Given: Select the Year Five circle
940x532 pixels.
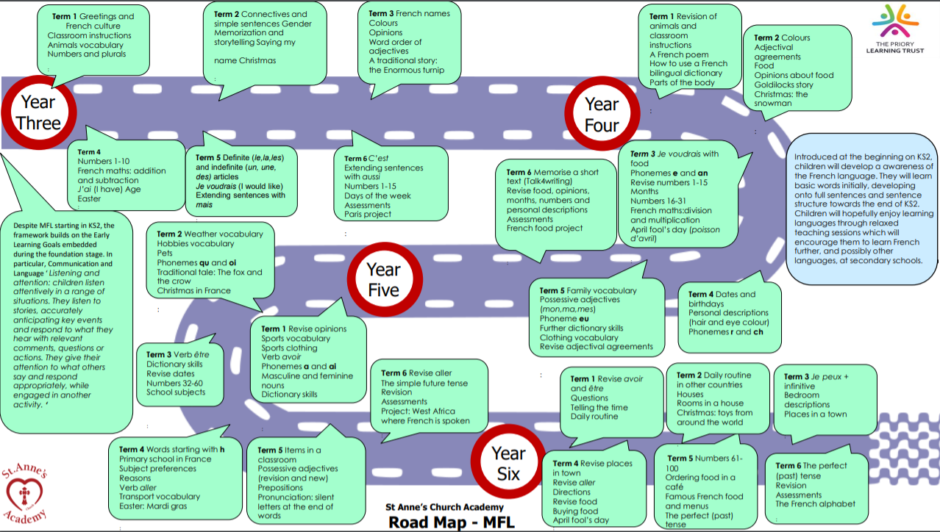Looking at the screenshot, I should [383, 279].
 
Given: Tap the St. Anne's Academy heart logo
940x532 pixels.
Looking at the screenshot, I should [29, 490].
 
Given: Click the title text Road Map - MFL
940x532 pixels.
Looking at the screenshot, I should [452, 522].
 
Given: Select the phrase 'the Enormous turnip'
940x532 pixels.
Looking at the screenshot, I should [406, 71].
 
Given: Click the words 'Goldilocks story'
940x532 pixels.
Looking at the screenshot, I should [783, 85].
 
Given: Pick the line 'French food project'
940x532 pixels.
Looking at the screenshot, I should [544, 229].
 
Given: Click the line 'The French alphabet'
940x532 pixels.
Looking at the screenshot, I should [815, 504].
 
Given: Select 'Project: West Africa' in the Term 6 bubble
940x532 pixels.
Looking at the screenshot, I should [418, 411].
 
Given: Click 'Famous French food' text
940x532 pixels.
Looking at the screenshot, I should [705, 497].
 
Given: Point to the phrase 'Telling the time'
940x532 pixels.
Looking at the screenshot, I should [599, 407].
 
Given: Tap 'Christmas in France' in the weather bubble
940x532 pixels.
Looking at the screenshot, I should [193, 291].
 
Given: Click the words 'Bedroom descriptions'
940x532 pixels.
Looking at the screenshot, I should [807, 400].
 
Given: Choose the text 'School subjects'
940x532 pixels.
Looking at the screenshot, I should [176, 392].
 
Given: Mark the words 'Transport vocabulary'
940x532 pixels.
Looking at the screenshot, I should [160, 497].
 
